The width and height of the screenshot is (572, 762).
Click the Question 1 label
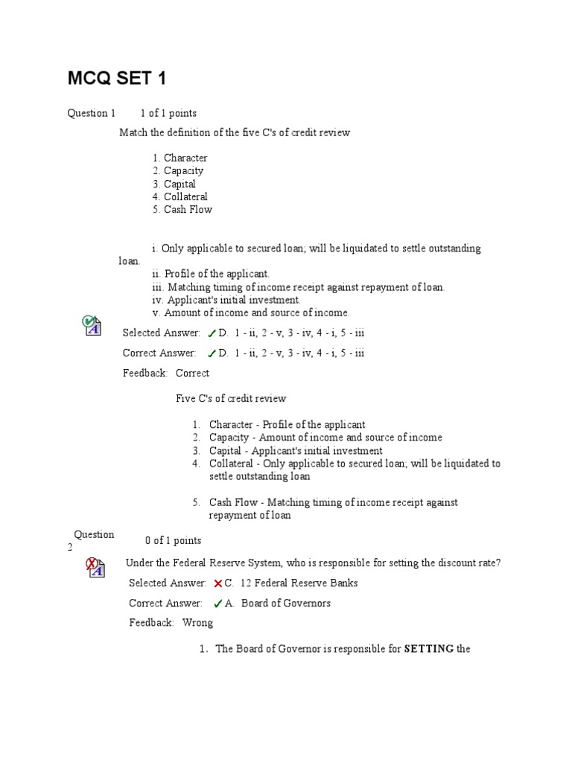(92, 113)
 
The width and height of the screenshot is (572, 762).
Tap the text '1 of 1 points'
(168, 113)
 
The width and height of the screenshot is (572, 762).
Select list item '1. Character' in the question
(180, 158)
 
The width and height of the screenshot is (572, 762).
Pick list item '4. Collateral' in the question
(180, 196)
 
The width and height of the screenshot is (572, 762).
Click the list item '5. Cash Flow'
(182, 209)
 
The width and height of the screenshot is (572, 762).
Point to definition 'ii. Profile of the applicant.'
(210, 274)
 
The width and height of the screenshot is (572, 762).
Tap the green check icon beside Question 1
(91, 324)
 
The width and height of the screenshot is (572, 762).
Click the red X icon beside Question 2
(94, 566)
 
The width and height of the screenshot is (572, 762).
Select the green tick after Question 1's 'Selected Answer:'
(212, 333)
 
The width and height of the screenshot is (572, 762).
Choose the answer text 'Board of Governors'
(286, 603)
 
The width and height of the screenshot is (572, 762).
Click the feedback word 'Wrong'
(197, 622)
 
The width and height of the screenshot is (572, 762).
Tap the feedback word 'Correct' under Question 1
(192, 373)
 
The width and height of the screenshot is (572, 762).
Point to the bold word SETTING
(429, 649)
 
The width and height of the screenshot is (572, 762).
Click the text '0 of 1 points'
(173, 540)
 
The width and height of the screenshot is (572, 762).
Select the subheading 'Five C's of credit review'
(231, 398)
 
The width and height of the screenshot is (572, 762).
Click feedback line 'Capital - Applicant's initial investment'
(296, 450)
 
